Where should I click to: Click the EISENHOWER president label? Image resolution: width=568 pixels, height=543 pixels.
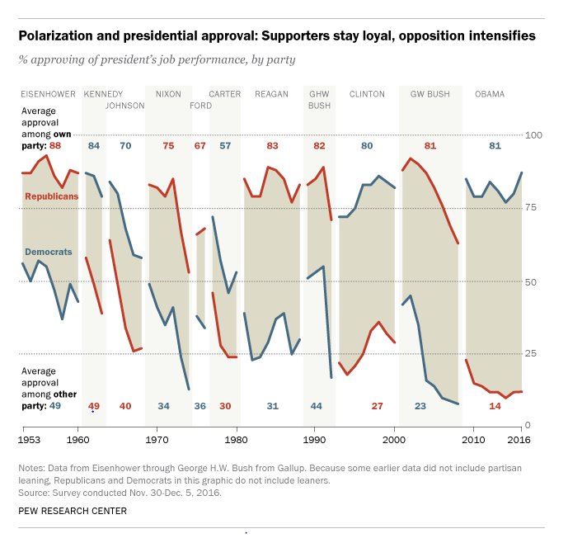pyautogui.click(x=49, y=94)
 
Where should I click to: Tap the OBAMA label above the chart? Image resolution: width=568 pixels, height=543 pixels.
pyautogui.click(x=490, y=94)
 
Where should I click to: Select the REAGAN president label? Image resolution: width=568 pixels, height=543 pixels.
pyautogui.click(x=271, y=94)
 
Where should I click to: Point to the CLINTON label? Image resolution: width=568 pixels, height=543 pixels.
pyautogui.click(x=367, y=94)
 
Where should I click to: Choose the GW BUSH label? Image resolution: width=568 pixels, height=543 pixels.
pyautogui.click(x=430, y=94)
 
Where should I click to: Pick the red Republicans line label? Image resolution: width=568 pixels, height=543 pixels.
pyautogui.click(x=51, y=196)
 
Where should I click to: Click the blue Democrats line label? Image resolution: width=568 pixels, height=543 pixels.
pyautogui.click(x=48, y=251)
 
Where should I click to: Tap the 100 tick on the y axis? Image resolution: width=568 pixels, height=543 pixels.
pyautogui.click(x=537, y=135)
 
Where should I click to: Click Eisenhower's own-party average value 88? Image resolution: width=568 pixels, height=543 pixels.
pyautogui.click(x=55, y=146)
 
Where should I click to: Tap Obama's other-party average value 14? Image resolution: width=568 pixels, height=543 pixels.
pyautogui.click(x=495, y=406)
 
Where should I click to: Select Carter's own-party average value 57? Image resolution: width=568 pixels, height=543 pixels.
pyautogui.click(x=225, y=146)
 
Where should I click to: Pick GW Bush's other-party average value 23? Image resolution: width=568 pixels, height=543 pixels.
pyautogui.click(x=420, y=406)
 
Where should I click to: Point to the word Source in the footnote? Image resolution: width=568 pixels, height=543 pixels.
pyautogui.click(x=34, y=492)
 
